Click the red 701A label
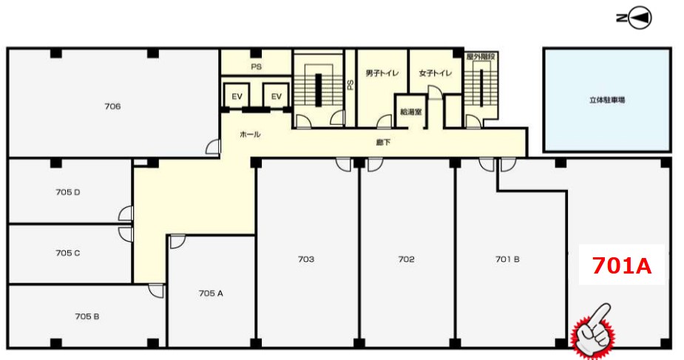click(622, 265)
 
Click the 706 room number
click(112, 106)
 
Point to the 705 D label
click(68, 191)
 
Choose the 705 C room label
click(68, 253)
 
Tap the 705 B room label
click(87, 316)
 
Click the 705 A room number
click(211, 293)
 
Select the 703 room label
click(306, 259)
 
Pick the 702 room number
click(406, 259)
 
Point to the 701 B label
click(507, 259)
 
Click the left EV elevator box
click(237, 96)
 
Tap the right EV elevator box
click(277, 96)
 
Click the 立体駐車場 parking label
click(607, 100)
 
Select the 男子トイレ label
click(382, 73)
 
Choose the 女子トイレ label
click(436, 73)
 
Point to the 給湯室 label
click(411, 112)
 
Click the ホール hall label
click(250, 135)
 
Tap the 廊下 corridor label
click(383, 142)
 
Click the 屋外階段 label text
click(481, 57)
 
